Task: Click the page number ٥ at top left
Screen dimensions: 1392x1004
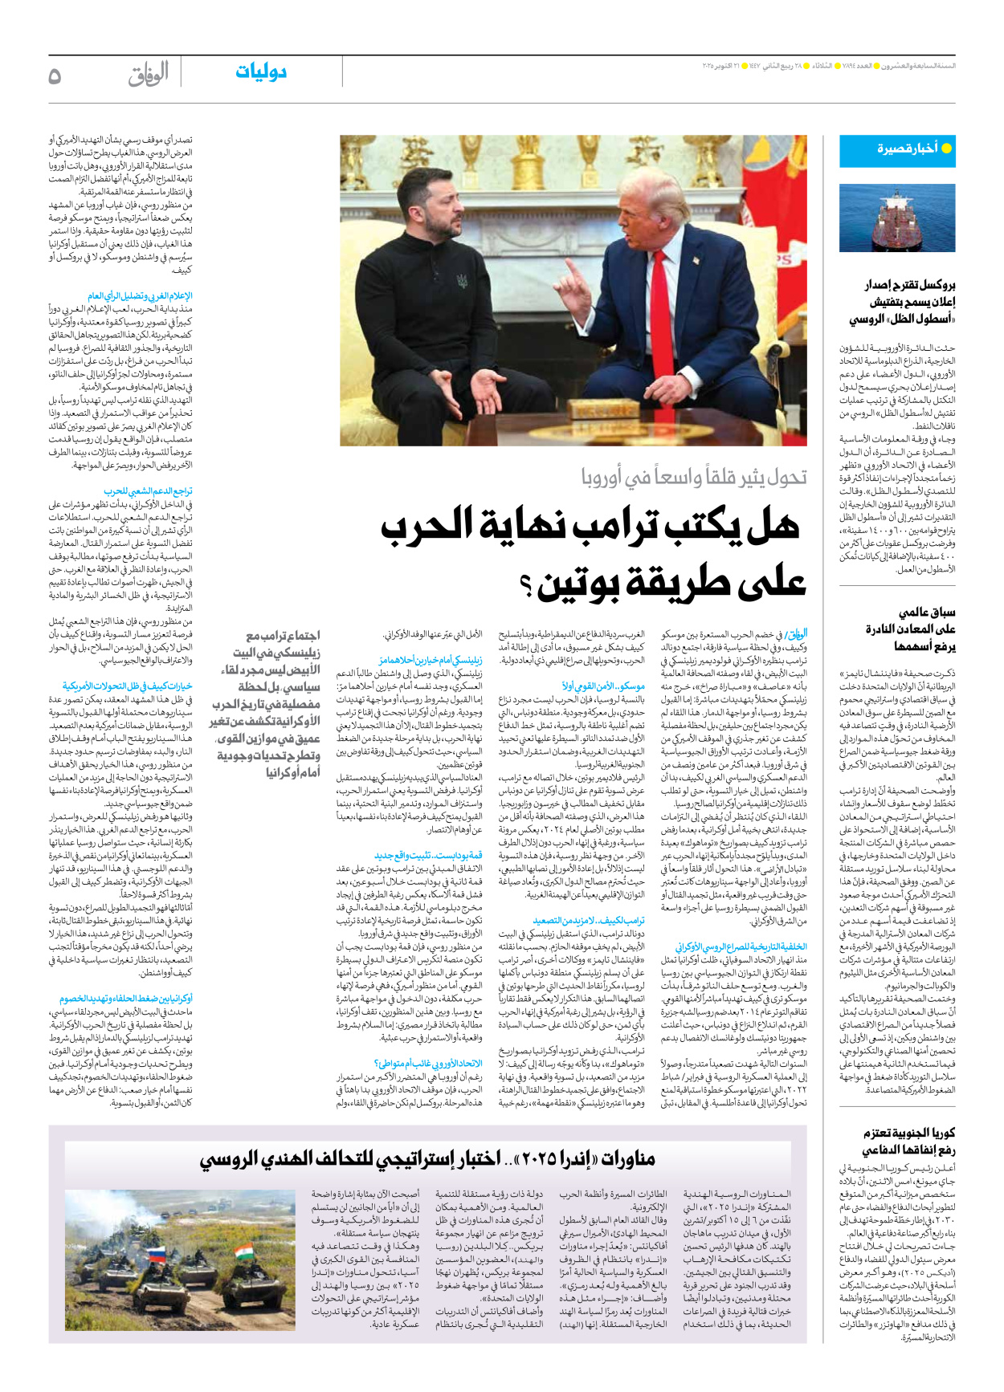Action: click(55, 75)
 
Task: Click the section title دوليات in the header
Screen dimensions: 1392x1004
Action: click(260, 72)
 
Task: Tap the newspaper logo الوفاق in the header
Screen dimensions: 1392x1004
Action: click(148, 75)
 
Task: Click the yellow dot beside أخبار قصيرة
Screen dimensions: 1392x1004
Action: click(946, 149)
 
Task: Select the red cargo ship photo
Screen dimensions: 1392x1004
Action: click(897, 218)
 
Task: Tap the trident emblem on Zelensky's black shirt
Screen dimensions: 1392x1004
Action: click(463, 282)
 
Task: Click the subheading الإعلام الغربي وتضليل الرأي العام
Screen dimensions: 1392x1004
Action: click(141, 296)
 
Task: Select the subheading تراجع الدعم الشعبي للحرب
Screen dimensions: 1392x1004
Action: click(148, 491)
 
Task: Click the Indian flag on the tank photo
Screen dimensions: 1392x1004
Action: click(243, 1253)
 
